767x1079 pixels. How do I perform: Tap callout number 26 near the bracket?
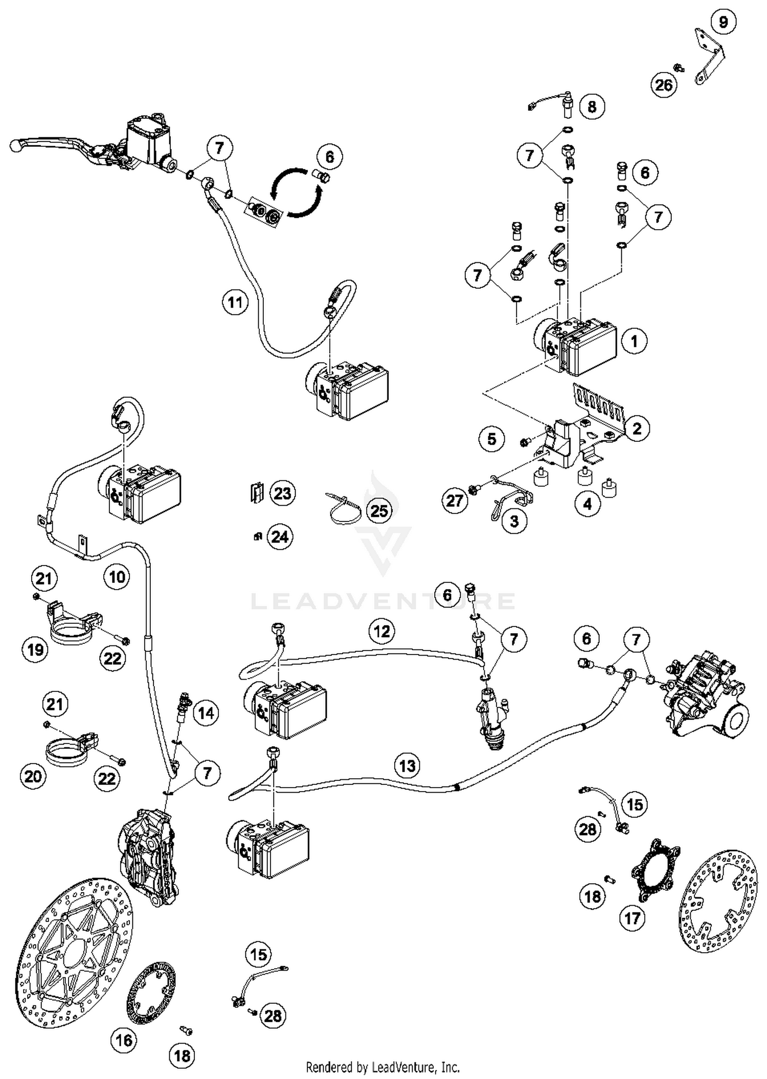tap(664, 84)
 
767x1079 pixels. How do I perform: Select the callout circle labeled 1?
tap(634, 341)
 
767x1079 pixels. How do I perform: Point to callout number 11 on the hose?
tap(235, 302)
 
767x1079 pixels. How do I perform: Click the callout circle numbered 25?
tap(379, 510)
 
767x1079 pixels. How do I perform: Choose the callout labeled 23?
tap(282, 493)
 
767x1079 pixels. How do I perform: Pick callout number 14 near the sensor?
tap(206, 713)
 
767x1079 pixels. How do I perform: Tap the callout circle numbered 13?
tap(407, 766)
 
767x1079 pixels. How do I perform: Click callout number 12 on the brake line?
tap(382, 632)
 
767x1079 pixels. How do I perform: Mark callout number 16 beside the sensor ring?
tap(124, 1040)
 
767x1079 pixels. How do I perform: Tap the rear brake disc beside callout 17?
tap(718, 909)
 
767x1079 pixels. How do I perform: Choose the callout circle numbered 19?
tap(35, 650)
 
